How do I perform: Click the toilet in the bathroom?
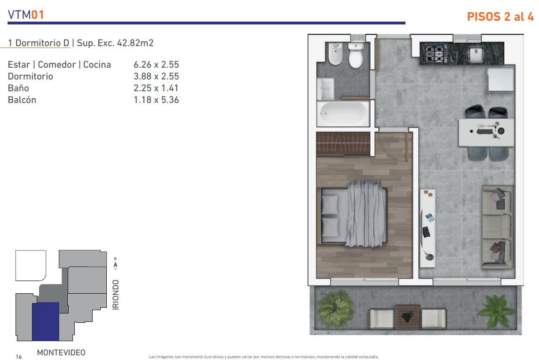[356, 55]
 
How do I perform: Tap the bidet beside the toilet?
[335, 54]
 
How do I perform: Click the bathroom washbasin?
[325, 89]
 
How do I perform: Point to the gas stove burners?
[435, 53]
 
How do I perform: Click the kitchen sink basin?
[476, 54]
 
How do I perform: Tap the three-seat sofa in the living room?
[497, 227]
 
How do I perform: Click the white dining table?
[486, 132]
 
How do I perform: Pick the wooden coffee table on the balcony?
[407, 317]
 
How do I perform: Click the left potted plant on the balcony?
[335, 308]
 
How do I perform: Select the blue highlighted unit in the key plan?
[46, 321]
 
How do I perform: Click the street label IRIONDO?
[116, 295]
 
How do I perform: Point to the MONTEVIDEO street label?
[61, 352]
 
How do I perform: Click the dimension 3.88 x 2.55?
[157, 76]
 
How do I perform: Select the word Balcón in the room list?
[22, 100]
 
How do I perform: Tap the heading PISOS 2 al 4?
[500, 16]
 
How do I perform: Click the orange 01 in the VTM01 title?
[38, 15]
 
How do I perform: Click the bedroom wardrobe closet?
[343, 144]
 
